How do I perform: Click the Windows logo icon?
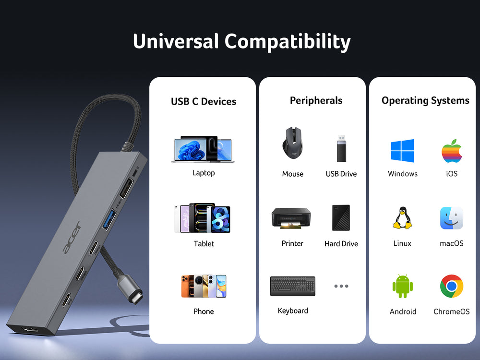[402, 151]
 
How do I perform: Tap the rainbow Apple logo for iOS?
[452, 151]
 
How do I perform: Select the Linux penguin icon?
[402, 218]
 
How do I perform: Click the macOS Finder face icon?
[452, 218]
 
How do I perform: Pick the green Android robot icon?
[403, 286]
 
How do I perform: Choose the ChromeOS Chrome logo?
[452, 286]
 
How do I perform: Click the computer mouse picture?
[293, 143]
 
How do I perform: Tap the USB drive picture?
[341, 148]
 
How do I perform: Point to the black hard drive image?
[341, 217]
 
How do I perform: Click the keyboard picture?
[293, 286]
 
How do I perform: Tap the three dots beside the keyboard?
[341, 286]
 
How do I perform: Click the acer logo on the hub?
[72, 238]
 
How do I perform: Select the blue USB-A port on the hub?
[109, 219]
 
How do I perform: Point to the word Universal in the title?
[176, 41]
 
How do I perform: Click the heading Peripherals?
[316, 100]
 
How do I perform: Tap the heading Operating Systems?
[425, 100]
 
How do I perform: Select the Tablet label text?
[204, 244]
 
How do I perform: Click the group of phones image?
[204, 286]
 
